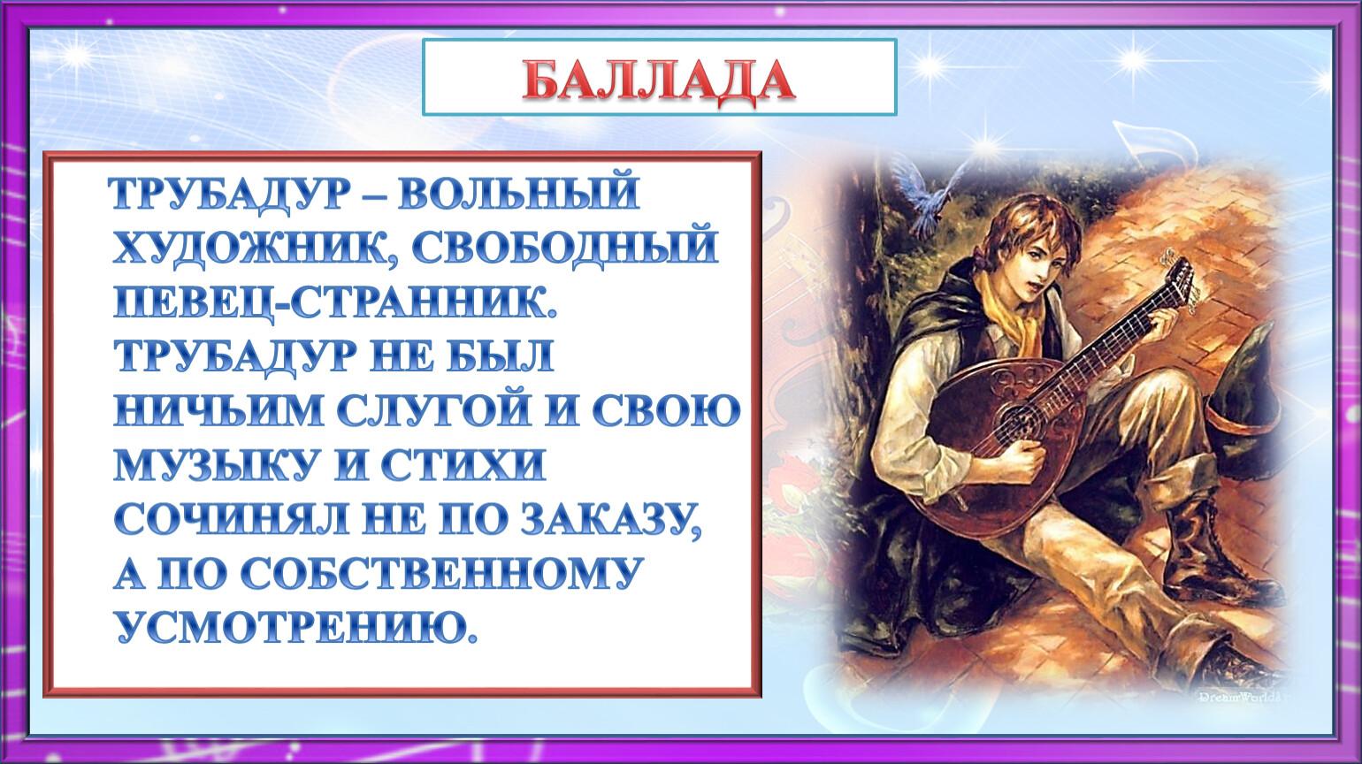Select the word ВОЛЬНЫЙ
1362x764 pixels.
(518, 194)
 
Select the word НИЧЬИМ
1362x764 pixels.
(219, 410)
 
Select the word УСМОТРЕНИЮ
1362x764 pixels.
(295, 626)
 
